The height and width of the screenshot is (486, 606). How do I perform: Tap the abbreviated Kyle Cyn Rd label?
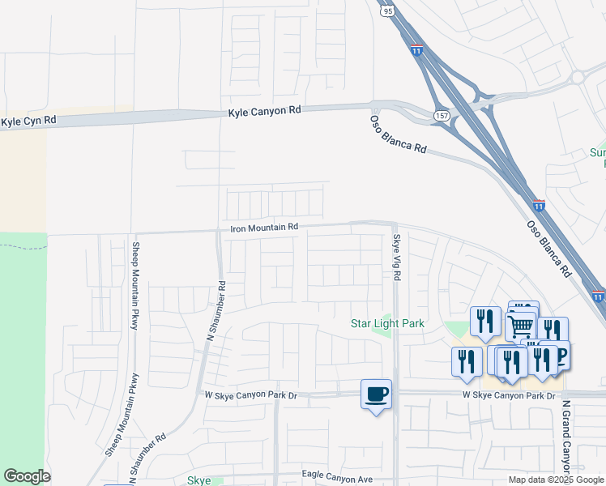[x=29, y=122]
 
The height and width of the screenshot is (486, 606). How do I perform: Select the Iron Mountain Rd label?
[x=265, y=228]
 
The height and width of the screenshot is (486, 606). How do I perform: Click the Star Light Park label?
[x=387, y=323]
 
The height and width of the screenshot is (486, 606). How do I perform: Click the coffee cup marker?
[x=376, y=395]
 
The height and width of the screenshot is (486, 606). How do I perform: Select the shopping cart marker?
[x=521, y=326]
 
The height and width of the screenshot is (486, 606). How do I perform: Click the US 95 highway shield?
[x=387, y=11]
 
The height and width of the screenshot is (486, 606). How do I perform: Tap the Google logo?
[x=27, y=476]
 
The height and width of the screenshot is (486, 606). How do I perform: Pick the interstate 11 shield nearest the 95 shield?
[x=416, y=49]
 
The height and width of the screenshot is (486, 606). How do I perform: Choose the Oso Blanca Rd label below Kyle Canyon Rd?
[x=399, y=134]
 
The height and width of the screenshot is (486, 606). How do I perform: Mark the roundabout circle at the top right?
[x=578, y=77]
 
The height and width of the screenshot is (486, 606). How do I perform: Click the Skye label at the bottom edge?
[x=199, y=480]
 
